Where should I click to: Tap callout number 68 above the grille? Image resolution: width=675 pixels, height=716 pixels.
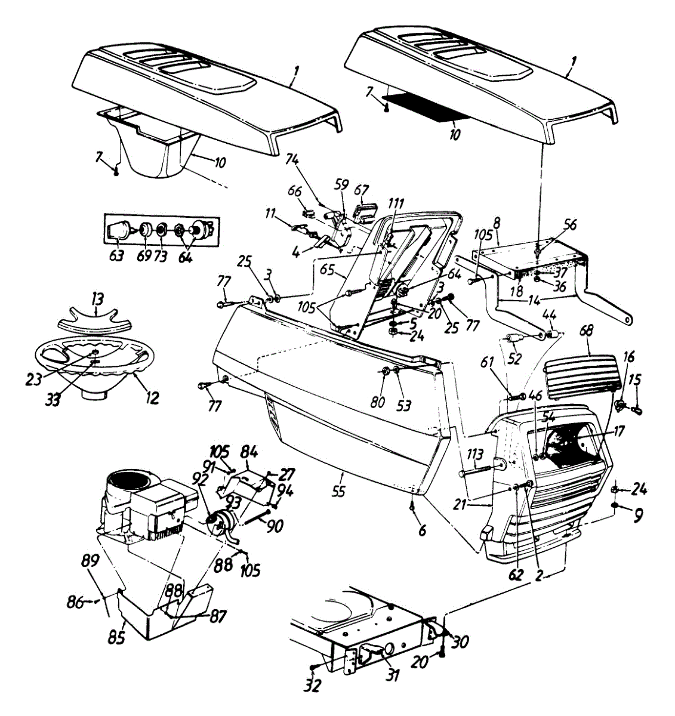[588, 345]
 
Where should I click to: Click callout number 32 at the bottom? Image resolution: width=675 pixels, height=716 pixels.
[312, 686]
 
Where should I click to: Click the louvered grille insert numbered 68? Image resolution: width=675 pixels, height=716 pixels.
[579, 376]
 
